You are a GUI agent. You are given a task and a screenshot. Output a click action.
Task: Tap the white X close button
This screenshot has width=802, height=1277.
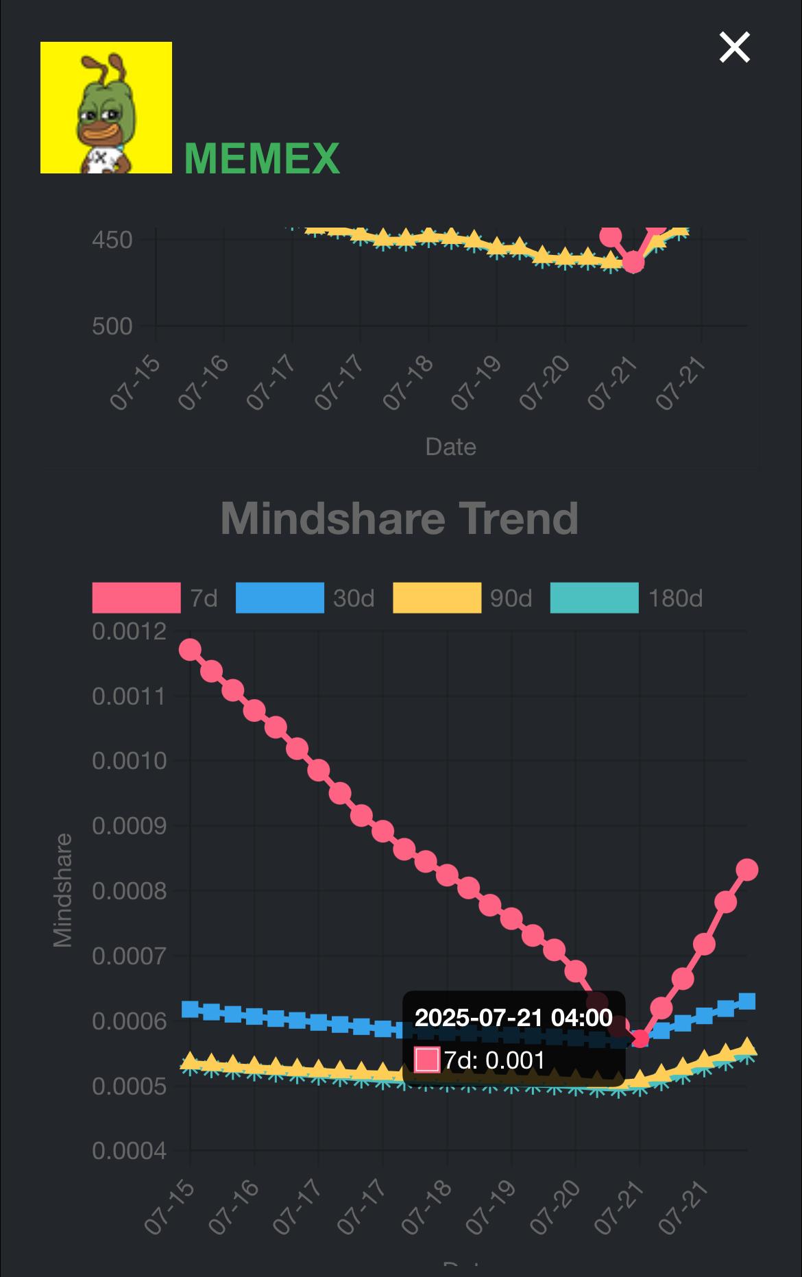point(734,47)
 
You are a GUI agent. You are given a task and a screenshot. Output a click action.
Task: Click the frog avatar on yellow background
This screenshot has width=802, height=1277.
point(106,108)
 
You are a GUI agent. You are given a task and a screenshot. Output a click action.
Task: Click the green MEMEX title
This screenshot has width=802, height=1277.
point(262,158)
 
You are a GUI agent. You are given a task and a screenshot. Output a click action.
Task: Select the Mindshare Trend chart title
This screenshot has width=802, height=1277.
point(400,518)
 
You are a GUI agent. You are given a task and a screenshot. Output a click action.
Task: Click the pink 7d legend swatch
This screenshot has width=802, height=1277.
point(136,598)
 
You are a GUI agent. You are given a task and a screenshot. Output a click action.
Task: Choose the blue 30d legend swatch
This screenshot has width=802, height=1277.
point(280,598)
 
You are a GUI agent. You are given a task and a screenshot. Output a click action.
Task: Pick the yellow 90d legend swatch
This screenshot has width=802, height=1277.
point(437,598)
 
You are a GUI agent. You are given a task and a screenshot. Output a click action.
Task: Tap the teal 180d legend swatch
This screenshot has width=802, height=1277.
point(594,598)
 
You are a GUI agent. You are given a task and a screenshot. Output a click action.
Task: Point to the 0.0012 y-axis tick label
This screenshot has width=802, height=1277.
point(130,631)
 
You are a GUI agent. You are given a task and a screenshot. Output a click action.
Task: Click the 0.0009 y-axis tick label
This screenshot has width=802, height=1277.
point(130,826)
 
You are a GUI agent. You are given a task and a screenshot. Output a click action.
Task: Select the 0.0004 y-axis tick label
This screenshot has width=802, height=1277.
point(130,1151)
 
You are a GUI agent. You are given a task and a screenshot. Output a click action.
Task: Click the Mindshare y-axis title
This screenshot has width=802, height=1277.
point(63,890)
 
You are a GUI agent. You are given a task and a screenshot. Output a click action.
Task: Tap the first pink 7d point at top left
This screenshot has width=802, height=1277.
point(190,650)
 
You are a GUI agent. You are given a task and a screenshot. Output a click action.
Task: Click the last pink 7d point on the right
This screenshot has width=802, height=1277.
point(747,870)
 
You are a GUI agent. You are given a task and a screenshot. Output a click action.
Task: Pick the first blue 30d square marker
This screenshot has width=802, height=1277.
point(190,1009)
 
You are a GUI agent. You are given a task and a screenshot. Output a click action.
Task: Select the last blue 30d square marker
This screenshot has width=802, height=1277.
point(747,1001)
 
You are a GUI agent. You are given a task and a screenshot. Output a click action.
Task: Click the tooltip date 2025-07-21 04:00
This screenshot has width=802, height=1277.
point(513,1017)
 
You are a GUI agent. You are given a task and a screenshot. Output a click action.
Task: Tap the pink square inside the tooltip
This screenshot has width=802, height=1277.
point(427,1060)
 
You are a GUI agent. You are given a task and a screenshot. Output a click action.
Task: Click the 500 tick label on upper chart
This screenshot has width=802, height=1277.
point(112,326)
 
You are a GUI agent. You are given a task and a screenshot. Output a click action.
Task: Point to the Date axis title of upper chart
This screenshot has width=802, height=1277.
point(450,447)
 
